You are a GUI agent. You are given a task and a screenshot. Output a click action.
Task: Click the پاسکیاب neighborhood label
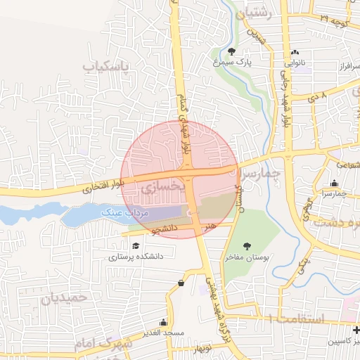pos(108,67)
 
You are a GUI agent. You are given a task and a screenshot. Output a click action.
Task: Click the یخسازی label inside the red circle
pos(162,188)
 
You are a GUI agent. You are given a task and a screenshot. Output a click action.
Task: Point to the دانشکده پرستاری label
pos(136,256)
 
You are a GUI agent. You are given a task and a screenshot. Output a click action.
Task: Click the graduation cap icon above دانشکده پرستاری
pos(135,245)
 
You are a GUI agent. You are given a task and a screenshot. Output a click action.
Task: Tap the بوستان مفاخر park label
pos(247,257)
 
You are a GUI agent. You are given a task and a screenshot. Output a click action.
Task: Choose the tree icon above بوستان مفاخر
pos(247,246)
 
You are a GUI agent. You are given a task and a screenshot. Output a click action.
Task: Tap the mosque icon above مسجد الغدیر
pos(162,320)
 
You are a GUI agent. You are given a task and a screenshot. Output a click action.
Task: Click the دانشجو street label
pos(164,229)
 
